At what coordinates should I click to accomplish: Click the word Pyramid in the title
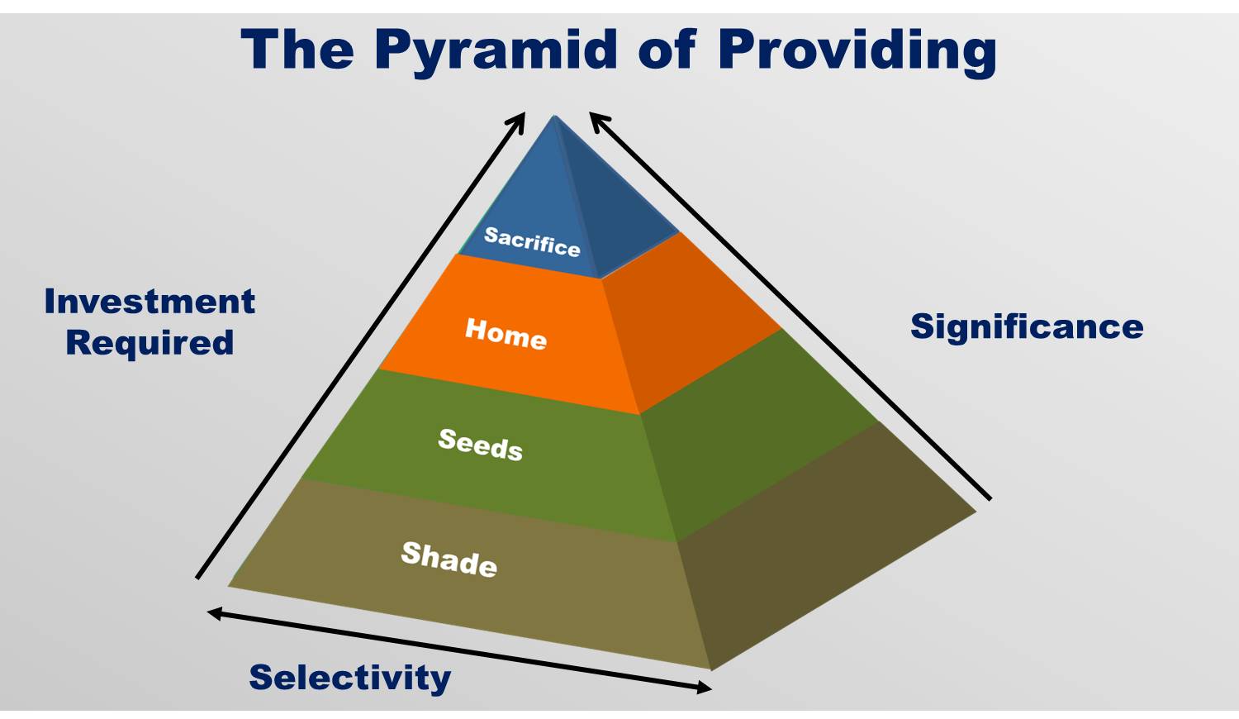pyautogui.click(x=496, y=50)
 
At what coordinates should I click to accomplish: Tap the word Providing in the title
pyautogui.click(x=857, y=50)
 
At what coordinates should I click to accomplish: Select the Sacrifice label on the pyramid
pyautogui.click(x=532, y=241)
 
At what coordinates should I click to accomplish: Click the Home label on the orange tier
pyautogui.click(x=506, y=333)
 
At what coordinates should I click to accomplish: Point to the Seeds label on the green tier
pyautogui.click(x=480, y=445)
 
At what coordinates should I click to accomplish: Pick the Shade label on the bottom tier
pyautogui.click(x=449, y=559)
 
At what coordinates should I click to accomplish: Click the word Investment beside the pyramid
pyautogui.click(x=150, y=302)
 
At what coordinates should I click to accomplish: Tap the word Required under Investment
pyautogui.click(x=150, y=342)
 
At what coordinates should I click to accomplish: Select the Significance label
pyautogui.click(x=1027, y=326)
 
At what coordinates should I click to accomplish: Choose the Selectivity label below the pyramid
pyautogui.click(x=350, y=678)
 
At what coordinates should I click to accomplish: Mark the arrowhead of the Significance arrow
pyautogui.click(x=595, y=118)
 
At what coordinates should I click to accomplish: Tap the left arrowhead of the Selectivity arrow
pyautogui.click(x=212, y=612)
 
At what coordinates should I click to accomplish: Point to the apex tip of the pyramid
pyautogui.click(x=554, y=117)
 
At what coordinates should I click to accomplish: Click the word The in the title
pyautogui.click(x=297, y=50)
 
